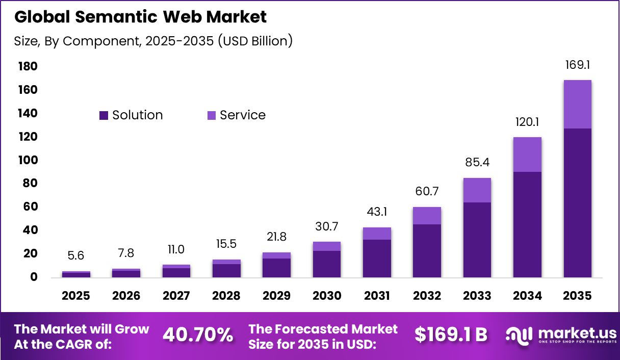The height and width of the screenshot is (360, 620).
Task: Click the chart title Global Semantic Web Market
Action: point(140,17)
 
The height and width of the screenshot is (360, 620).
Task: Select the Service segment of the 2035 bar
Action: point(578,104)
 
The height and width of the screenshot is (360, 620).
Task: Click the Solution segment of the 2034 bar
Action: point(527,224)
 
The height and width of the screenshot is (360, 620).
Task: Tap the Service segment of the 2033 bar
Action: point(477,190)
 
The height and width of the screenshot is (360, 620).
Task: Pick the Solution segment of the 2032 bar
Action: point(427,250)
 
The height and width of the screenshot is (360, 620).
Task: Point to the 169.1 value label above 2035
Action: point(578,65)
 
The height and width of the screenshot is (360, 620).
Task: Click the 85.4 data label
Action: point(477,163)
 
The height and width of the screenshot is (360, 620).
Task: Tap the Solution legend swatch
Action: point(104,116)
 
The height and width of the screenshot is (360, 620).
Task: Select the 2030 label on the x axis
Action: point(326,296)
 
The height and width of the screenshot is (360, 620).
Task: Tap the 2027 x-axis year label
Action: point(176,296)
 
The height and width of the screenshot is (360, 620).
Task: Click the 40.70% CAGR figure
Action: point(198,335)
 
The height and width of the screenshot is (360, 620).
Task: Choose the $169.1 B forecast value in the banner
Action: point(451,335)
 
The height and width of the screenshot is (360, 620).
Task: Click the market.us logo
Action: point(561,335)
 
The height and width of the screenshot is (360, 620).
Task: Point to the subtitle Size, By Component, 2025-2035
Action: point(153,41)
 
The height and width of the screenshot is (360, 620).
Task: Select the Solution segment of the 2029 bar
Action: point(276,268)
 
